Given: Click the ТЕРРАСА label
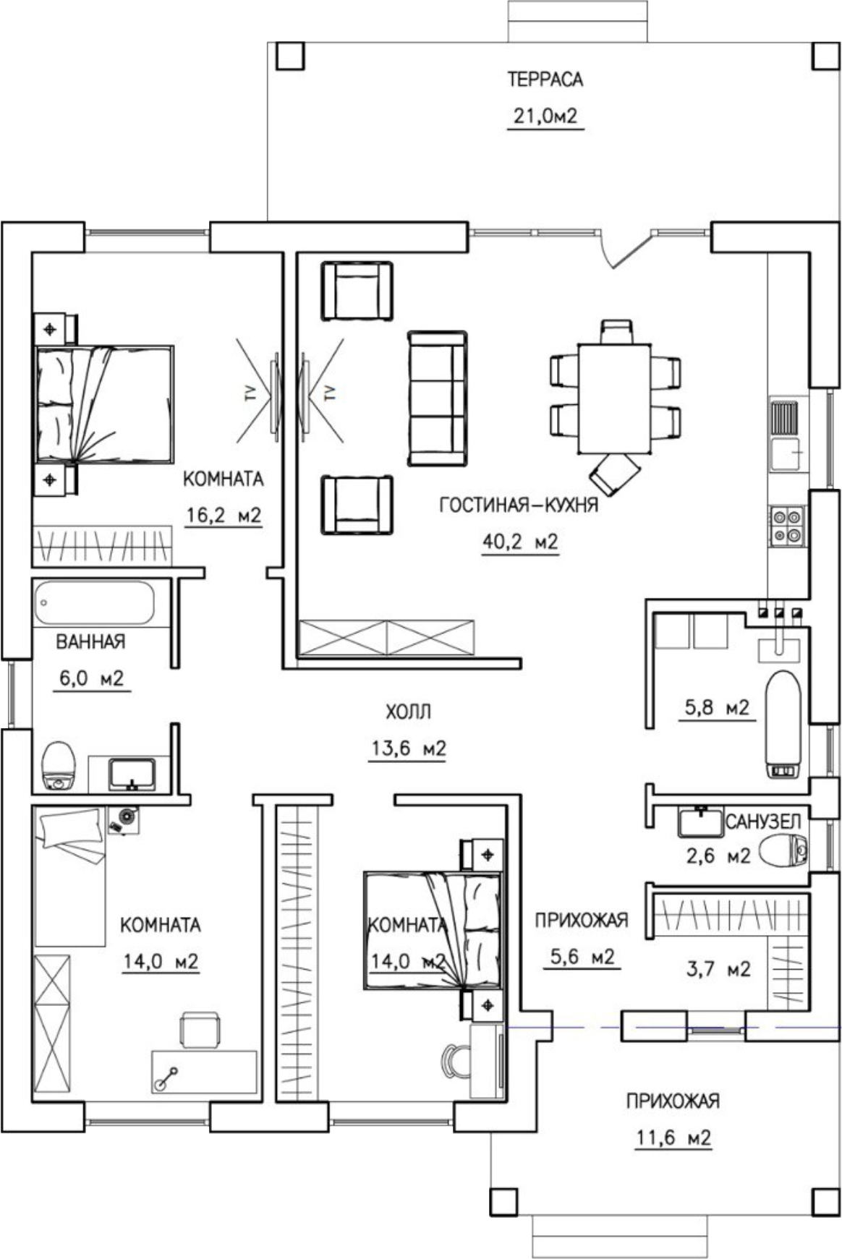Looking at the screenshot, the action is tap(545, 80).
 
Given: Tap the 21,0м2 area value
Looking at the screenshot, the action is tap(545, 116).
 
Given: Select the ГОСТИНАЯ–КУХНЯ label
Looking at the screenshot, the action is tap(519, 505).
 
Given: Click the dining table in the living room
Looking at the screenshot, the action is tap(614, 398).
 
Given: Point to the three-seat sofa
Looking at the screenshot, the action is tap(437, 398).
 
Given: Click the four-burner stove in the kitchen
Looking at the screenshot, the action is tap(786, 526).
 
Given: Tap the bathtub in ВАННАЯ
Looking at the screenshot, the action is tap(94, 602).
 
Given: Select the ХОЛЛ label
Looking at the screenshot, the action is tap(408, 712).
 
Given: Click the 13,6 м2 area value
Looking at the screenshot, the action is tap(409, 748).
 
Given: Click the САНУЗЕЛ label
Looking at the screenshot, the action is tap(763, 821).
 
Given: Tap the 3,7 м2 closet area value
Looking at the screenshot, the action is tap(718, 968).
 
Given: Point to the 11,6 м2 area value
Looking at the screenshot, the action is tap(673, 1138).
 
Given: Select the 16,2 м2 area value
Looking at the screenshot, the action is tap(223, 516).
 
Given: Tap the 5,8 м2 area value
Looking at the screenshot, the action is tap(717, 707).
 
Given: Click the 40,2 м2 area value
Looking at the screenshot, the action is tap(520, 542).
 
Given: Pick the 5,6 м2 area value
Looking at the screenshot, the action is tap(582, 957).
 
